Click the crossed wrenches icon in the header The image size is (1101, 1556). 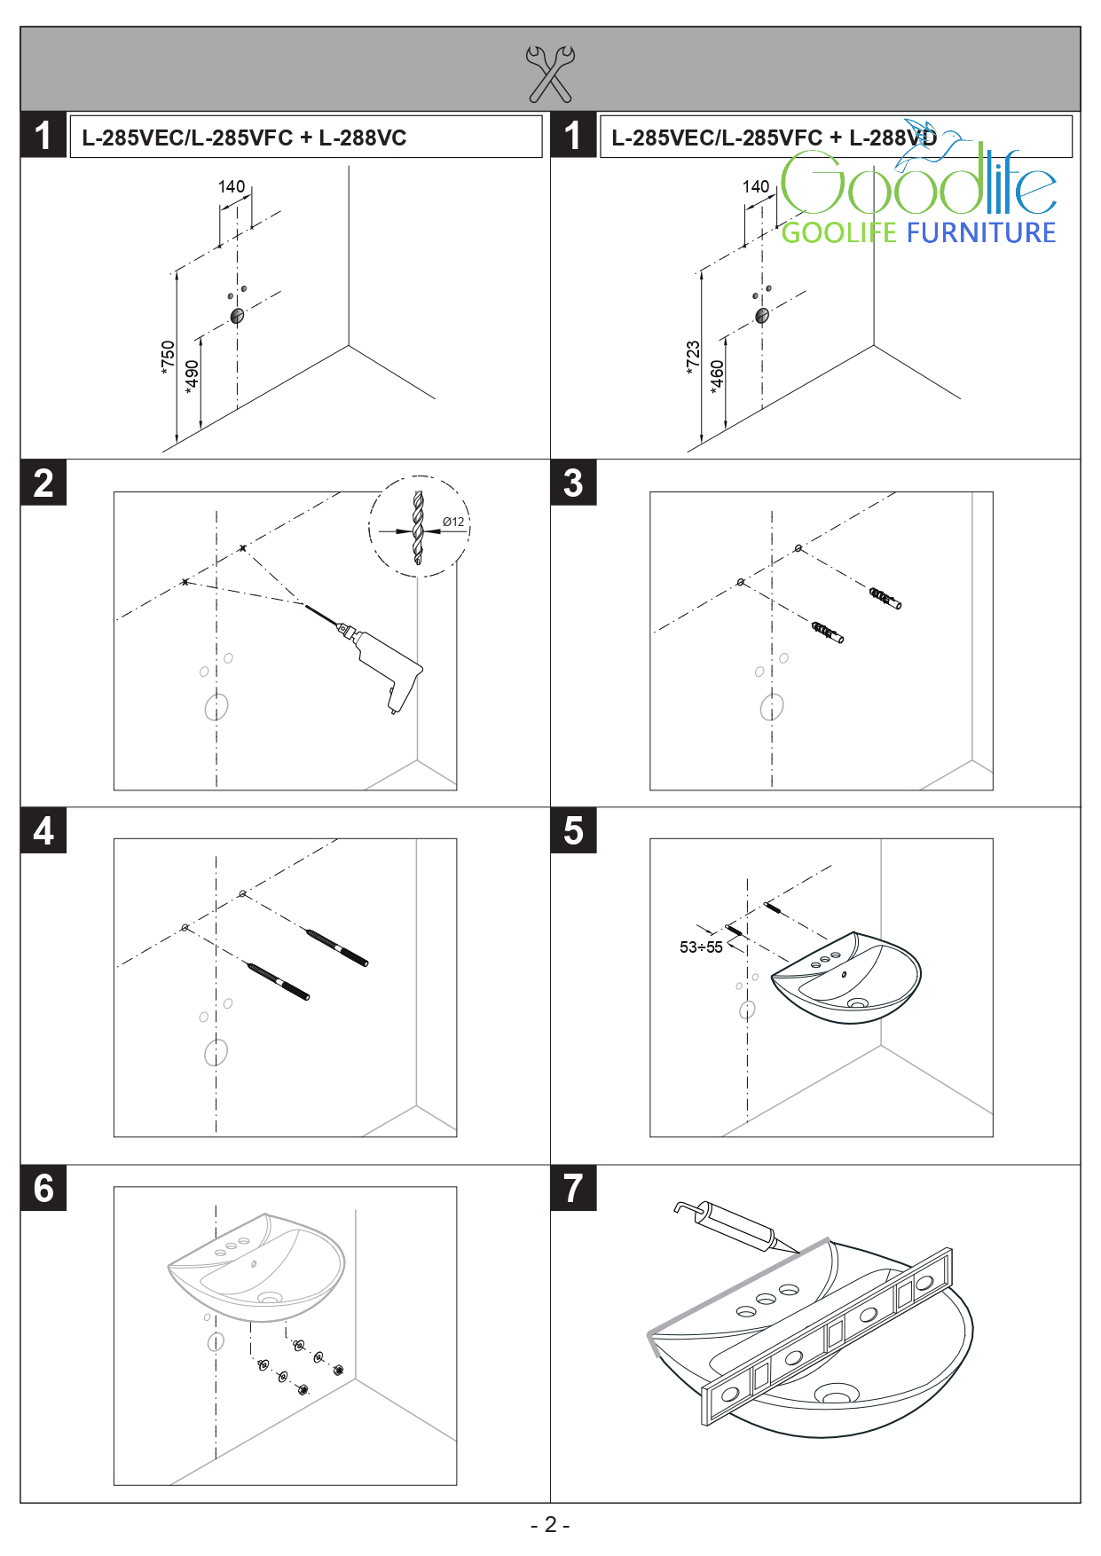click(x=550, y=74)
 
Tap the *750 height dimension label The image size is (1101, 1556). click(x=168, y=358)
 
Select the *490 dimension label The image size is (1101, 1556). click(x=192, y=377)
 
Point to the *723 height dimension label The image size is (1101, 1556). click(x=693, y=358)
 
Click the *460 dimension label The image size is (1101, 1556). click(x=717, y=377)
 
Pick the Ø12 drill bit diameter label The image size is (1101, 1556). click(x=453, y=522)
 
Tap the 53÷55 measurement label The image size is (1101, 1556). click(x=701, y=947)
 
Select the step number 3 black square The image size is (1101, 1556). click(x=573, y=483)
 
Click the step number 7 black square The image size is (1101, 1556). click(x=573, y=1188)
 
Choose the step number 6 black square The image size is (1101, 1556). click(x=43, y=1188)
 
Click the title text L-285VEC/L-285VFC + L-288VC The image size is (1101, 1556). click(x=244, y=138)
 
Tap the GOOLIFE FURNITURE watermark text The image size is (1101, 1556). click(x=918, y=232)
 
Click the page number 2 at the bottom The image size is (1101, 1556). click(x=550, y=1524)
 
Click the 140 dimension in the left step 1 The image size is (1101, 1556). click(x=232, y=186)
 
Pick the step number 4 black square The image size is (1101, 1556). click(x=43, y=830)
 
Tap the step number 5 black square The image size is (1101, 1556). click(x=573, y=830)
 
